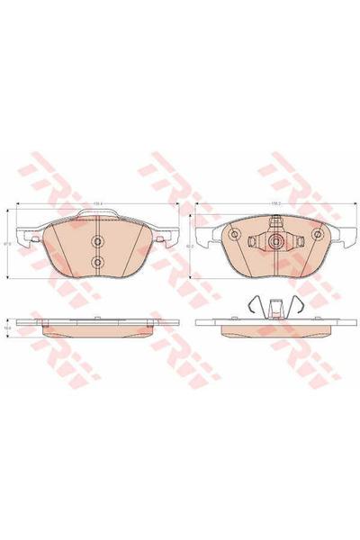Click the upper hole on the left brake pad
(98, 241)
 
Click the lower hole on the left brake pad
(98, 261)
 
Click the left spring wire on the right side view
(252, 306)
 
